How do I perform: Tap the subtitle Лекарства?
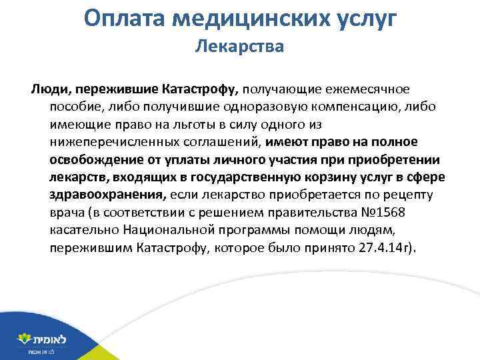tap(239, 47)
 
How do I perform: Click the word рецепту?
tap(408, 195)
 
